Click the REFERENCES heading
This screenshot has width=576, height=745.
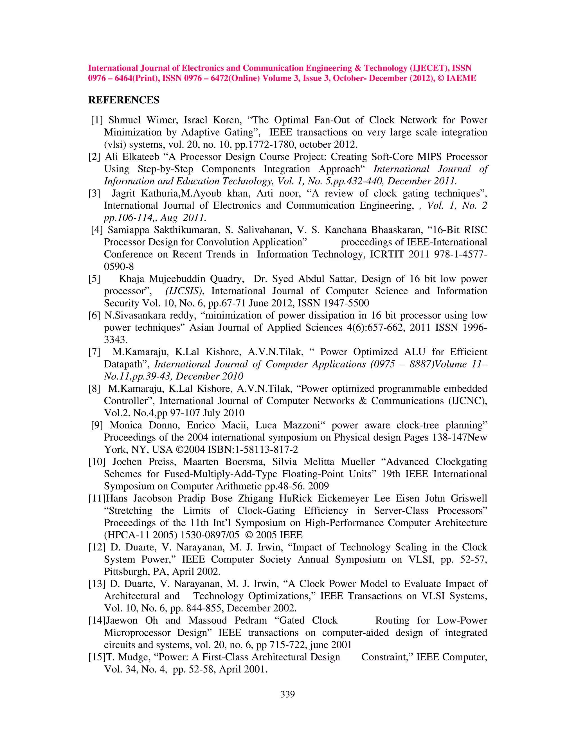123,100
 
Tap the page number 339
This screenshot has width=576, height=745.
287,694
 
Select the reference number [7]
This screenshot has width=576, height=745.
94,352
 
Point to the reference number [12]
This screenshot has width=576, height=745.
97,547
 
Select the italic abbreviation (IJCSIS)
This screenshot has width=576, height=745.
184,291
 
